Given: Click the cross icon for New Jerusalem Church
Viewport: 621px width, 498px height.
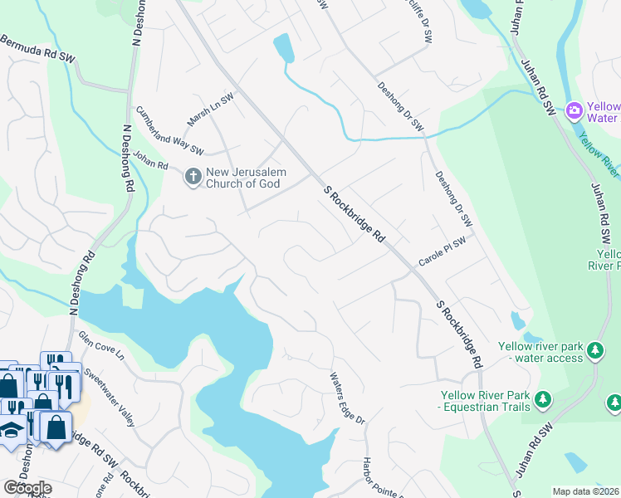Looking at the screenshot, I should [x=193, y=177].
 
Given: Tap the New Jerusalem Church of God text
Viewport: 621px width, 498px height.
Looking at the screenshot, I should [x=246, y=178].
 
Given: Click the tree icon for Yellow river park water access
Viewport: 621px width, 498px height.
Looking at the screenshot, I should [x=594, y=351].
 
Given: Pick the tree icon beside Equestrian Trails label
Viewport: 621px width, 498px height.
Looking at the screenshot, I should [x=542, y=400].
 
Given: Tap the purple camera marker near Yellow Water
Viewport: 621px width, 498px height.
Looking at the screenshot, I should [x=573, y=110].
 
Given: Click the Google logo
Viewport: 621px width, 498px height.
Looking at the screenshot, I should [x=27, y=487].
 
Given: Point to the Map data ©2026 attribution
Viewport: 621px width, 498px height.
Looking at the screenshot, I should [x=586, y=491].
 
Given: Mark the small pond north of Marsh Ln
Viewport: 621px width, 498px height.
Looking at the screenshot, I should [x=283, y=48].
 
